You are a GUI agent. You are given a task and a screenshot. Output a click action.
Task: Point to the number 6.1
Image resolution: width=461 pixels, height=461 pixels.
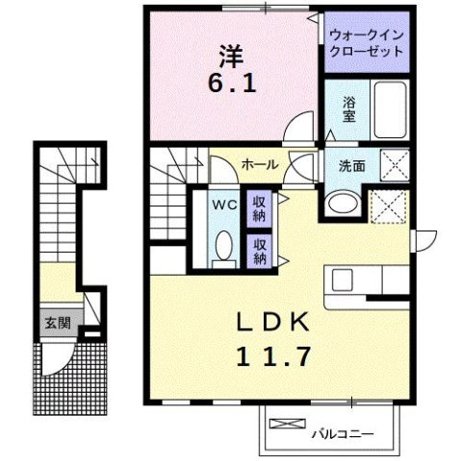tap(232, 84)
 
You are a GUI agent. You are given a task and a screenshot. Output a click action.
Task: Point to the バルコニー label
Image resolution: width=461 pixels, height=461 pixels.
tap(339, 433)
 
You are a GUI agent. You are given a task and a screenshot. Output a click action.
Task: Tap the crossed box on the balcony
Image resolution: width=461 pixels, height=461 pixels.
tap(286, 422)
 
